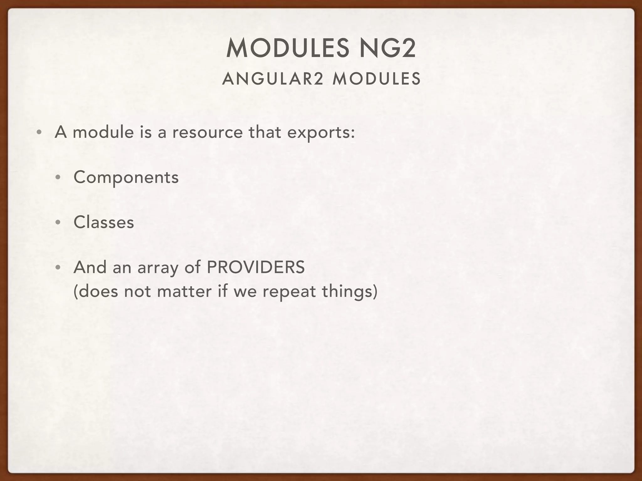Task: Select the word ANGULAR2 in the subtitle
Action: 272,79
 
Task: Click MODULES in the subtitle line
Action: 376,79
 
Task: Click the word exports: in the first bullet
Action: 321,132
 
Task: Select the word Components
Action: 126,178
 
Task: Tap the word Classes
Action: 104,222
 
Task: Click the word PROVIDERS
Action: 255,267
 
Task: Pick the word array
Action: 158,269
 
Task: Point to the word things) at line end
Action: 350,292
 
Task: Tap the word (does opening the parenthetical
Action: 95,292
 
